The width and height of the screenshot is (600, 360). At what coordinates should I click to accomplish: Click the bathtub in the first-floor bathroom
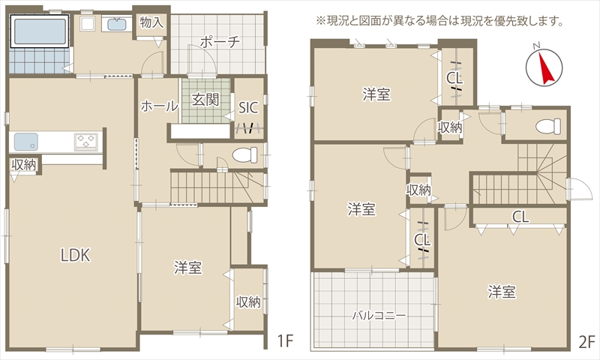[x=40, y=31]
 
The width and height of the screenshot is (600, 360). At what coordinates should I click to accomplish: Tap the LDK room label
[x=76, y=255]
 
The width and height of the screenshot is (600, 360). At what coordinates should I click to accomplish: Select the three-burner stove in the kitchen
[x=86, y=140]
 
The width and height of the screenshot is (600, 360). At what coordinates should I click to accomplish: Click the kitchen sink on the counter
[x=26, y=141]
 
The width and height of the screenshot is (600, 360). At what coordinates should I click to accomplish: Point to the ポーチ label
[x=220, y=41]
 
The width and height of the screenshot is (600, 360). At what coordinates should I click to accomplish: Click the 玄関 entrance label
[x=205, y=100]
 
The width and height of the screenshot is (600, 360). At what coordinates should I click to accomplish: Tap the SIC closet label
[x=248, y=107]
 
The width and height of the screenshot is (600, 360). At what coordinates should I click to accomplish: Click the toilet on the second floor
[x=548, y=126]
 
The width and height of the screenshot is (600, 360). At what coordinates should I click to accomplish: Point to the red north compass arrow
[x=545, y=68]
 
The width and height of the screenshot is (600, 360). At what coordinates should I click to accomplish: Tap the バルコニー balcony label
[x=379, y=315]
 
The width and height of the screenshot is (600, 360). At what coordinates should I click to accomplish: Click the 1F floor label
[x=285, y=340]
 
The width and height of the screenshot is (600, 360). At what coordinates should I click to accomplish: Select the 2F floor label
[x=586, y=341]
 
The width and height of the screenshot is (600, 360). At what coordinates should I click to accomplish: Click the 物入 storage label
[x=151, y=22]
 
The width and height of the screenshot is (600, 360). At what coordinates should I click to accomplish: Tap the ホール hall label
[x=159, y=106]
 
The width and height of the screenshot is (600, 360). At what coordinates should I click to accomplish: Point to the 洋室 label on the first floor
[x=188, y=268]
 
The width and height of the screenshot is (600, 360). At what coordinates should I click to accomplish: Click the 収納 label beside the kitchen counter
[x=24, y=165]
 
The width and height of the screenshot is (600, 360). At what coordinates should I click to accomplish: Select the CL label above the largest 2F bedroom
[x=520, y=217]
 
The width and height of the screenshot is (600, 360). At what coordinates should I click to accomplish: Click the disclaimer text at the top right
[x=439, y=21]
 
